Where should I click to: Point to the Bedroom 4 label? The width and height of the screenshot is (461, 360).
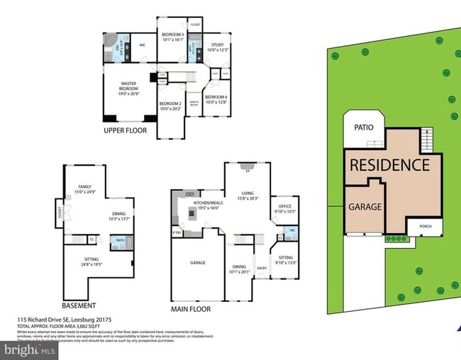[216, 99]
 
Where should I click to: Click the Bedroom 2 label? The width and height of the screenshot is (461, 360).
[172, 107]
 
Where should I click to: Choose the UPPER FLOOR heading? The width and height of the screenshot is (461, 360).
[125, 130]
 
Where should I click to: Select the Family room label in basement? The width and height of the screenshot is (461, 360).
[84, 188]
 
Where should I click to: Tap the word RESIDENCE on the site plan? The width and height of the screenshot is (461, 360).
[389, 165]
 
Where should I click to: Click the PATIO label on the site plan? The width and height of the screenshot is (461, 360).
[364, 128]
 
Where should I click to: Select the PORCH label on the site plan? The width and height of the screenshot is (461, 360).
[426, 227]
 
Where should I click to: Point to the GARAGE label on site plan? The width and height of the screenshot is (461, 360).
[365, 208]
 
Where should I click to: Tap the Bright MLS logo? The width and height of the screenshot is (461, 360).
[29, 350]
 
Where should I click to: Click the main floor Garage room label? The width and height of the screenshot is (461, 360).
[197, 262]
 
